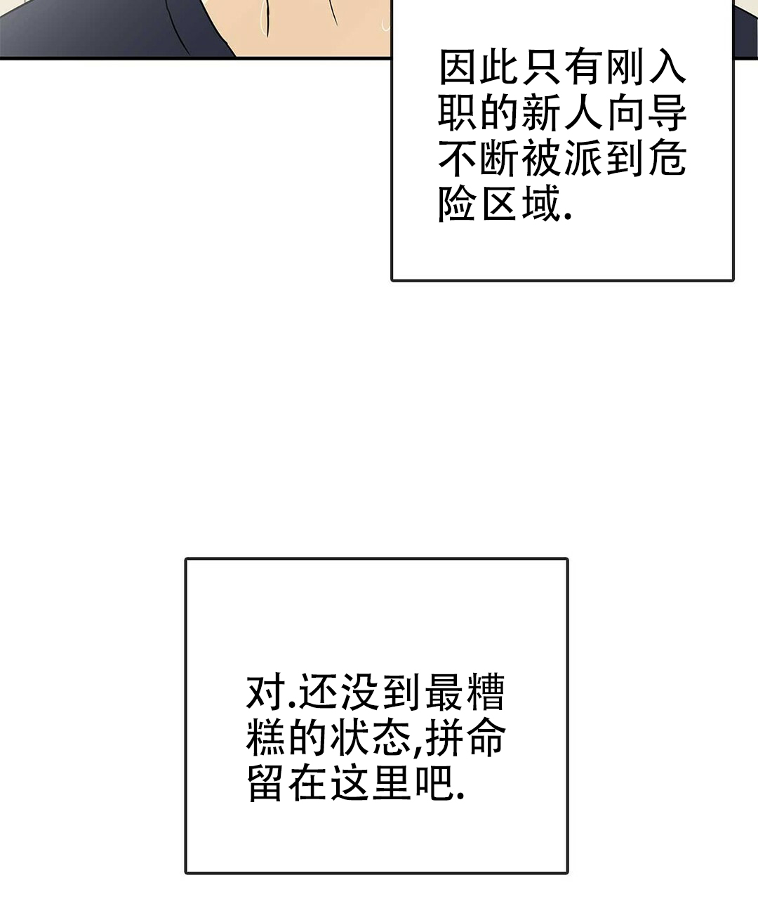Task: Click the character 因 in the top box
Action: tap(458, 67)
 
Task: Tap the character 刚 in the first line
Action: tap(625, 67)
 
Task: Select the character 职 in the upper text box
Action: tap(458, 113)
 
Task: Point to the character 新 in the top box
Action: tap(541, 113)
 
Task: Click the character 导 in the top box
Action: tap(667, 113)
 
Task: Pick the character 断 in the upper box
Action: tap(500, 159)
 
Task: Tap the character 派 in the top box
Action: tap(583, 159)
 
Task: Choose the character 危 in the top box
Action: tap(667, 159)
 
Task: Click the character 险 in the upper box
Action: tap(458, 204)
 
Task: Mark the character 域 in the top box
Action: tap(541, 204)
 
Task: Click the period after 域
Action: tap(567, 217)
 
